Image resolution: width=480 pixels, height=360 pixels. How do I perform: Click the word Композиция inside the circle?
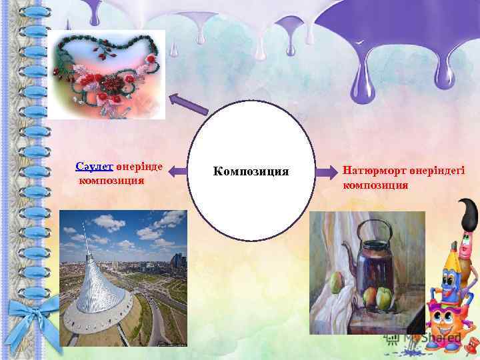[251, 172]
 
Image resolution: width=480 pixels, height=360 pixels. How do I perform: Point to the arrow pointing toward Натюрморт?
[325, 172]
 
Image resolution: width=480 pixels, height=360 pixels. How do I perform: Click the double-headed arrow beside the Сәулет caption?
[177, 172]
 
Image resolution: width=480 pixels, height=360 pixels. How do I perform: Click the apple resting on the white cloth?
[337, 285]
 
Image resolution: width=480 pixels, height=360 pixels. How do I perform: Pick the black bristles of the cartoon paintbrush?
[468, 213]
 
